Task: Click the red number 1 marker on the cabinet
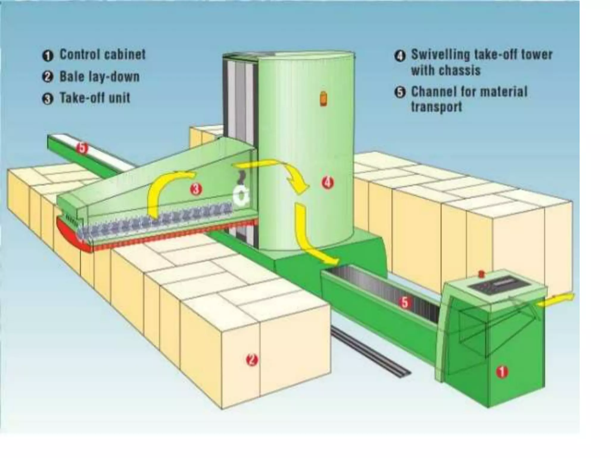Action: click(x=502, y=372)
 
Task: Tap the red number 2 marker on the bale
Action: click(x=252, y=360)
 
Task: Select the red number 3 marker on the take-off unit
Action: click(x=196, y=189)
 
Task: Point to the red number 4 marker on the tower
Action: click(x=327, y=182)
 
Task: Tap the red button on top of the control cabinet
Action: click(x=481, y=273)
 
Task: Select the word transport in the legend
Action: click(x=436, y=107)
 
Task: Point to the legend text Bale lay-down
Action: click(x=99, y=77)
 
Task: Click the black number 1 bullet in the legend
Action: click(x=48, y=56)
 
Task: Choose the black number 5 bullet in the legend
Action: click(x=400, y=92)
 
